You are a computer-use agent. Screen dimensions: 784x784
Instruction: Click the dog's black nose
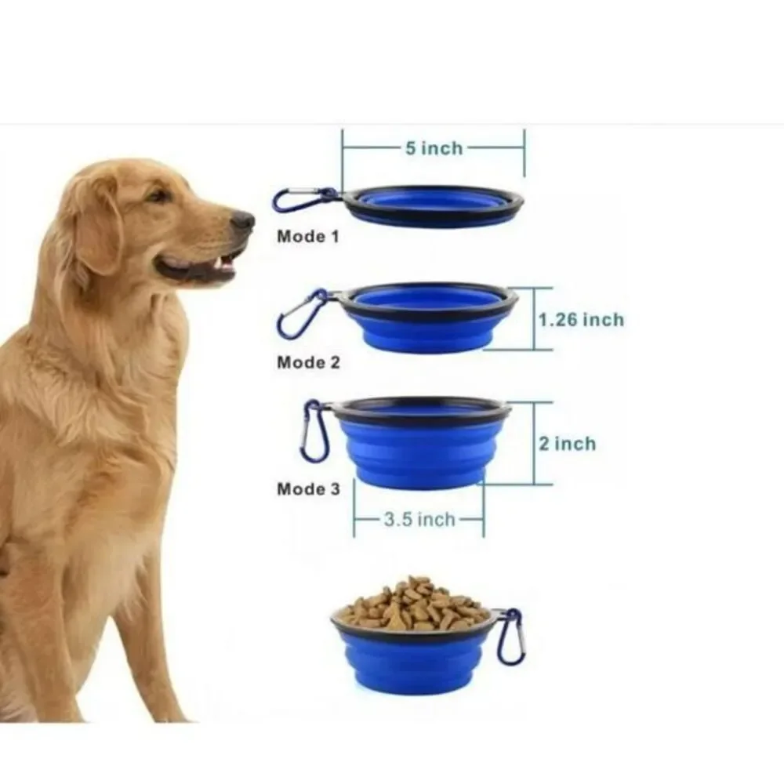pyautogui.click(x=244, y=220)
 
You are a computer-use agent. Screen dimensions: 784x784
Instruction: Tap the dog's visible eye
pyautogui.click(x=158, y=195)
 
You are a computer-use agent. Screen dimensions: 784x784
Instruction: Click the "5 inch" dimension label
pyautogui.click(x=434, y=148)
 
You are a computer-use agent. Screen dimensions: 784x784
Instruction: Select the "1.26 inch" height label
pyautogui.click(x=581, y=320)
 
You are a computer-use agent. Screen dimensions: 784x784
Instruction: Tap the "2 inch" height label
pyautogui.click(x=568, y=444)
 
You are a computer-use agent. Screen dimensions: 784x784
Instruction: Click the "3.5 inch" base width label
pyautogui.click(x=419, y=520)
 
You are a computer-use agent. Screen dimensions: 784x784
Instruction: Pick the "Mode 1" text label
pyautogui.click(x=308, y=236)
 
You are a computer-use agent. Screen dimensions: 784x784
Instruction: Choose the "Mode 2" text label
pyautogui.click(x=308, y=362)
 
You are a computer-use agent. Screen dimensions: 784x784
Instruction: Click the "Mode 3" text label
pyautogui.click(x=308, y=488)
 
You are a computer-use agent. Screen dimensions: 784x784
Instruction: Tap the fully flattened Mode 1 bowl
pyautogui.click(x=434, y=206)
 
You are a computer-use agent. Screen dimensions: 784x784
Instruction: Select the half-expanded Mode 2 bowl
pyautogui.click(x=428, y=318)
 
